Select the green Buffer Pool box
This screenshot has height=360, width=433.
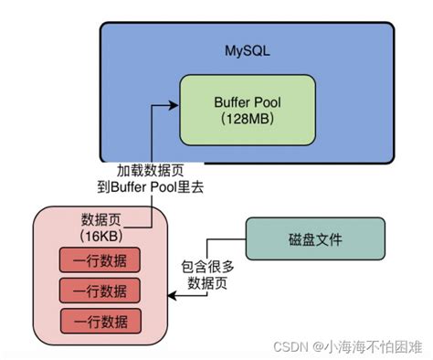coord(246,110)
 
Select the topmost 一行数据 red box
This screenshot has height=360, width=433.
coord(100,259)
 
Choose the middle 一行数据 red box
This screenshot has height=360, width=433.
coord(100,290)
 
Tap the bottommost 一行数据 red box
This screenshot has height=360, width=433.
coord(100,321)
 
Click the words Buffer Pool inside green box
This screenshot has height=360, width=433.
coord(246,101)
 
